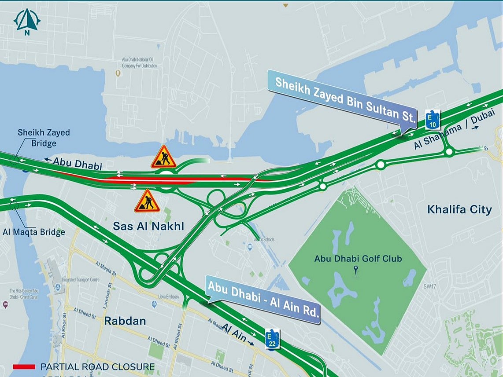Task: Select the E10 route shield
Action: (x=433, y=119)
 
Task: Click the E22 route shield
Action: (x=272, y=340)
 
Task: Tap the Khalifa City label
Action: (x=459, y=209)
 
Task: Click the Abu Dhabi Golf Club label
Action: (x=358, y=259)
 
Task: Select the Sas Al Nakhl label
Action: (x=148, y=227)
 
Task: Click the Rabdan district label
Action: (x=125, y=321)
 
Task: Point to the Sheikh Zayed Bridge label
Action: (x=44, y=138)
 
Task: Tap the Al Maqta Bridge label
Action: (x=34, y=232)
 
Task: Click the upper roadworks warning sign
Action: (x=163, y=157)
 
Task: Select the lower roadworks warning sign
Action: (x=147, y=201)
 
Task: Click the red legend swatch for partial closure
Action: (x=24, y=366)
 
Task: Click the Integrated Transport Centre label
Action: (x=81, y=280)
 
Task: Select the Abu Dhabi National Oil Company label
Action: (x=139, y=63)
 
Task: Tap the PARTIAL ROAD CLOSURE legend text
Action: (x=97, y=366)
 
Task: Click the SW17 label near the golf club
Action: (x=429, y=286)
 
